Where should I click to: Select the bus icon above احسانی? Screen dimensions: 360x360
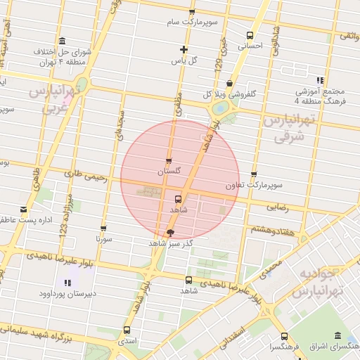point(250,35)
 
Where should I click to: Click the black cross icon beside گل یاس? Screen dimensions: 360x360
point(184,49)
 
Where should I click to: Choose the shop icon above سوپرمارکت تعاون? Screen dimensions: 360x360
point(254,174)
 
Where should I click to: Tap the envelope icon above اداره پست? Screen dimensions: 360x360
point(24,210)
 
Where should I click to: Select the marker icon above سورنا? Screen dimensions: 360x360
point(104,229)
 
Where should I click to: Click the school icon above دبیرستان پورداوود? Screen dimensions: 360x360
point(67,283)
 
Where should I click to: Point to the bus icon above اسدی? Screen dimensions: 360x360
point(127,329)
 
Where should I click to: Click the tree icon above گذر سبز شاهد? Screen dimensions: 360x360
point(171,232)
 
